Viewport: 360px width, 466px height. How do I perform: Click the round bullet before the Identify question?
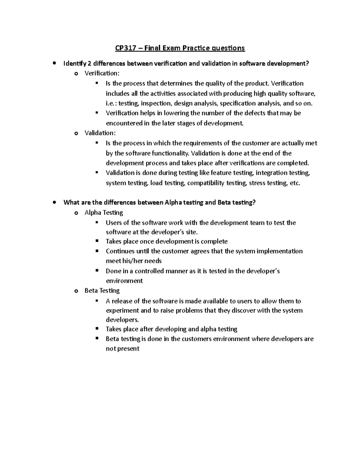pyautogui.click(x=54, y=63)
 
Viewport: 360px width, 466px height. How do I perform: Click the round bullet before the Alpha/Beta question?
pyautogui.click(x=54, y=203)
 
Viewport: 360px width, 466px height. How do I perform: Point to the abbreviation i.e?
pyautogui.click(x=111, y=104)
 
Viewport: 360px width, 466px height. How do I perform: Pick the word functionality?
pyautogui.click(x=170, y=153)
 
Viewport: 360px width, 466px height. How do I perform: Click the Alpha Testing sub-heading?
pyautogui.click(x=104, y=213)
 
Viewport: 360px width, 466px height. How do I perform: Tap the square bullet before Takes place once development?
pyautogui.click(x=97, y=241)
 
